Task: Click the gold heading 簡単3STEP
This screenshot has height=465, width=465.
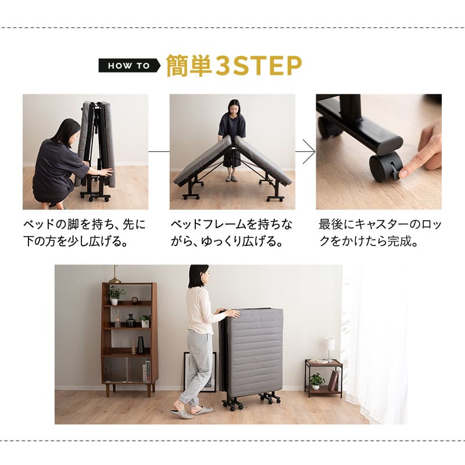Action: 234,66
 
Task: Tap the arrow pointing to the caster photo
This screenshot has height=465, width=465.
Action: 305,152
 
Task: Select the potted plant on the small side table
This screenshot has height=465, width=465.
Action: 317,381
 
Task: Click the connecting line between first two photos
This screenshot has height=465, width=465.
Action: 159,152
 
